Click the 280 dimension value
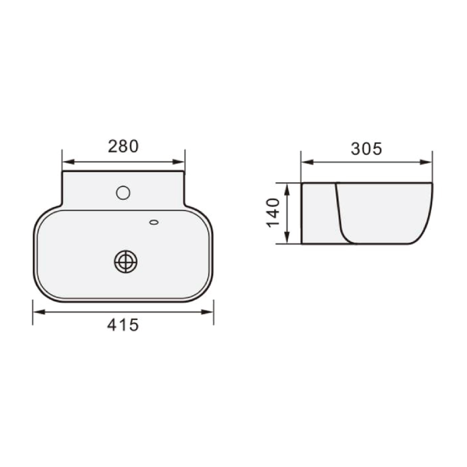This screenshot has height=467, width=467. [x=123, y=146]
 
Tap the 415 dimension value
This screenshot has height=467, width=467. [x=123, y=325]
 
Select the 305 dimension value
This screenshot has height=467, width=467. [x=366, y=149]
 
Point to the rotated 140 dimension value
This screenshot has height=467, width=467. [x=273, y=212]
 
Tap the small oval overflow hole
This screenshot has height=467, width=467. [x=153, y=222]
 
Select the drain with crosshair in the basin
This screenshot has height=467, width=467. [x=125, y=262]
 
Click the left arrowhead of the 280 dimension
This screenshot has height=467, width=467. [x=68, y=162]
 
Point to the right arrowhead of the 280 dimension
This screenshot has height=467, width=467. [x=179, y=162]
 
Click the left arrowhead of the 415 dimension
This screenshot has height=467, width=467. [x=39, y=312]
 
